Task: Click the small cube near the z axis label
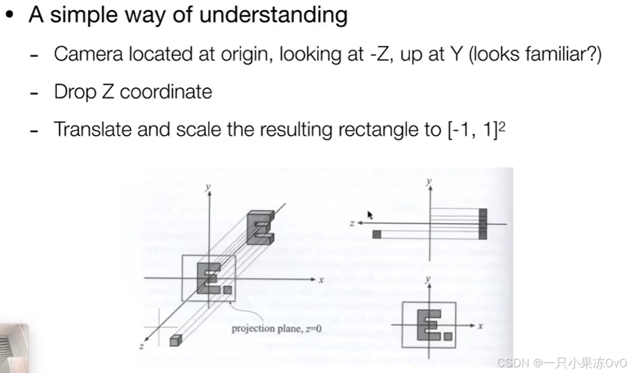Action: click(176, 340)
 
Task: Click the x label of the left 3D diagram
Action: click(321, 280)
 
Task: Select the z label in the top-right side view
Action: click(352, 223)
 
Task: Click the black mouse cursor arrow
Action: click(370, 215)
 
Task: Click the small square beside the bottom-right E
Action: click(448, 336)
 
